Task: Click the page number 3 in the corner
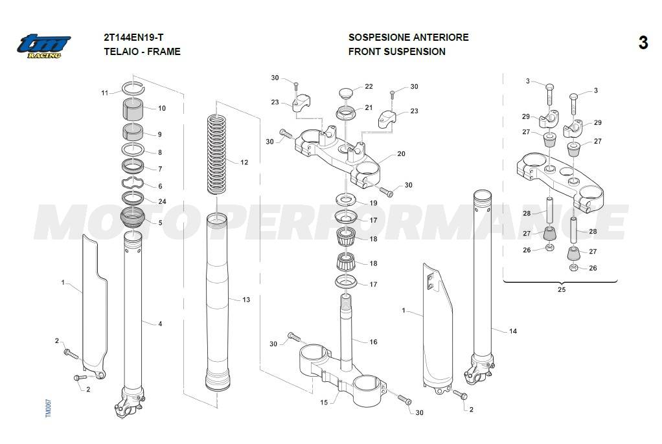[643, 43]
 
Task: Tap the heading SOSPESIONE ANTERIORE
[408, 38]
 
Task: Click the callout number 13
[246, 300]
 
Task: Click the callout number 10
[162, 108]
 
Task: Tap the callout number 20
[401, 154]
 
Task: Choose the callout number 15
[325, 402]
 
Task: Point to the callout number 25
[561, 289]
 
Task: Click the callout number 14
[513, 331]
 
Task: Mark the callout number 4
[160, 324]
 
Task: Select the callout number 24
[162, 201]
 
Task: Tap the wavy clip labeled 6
[133, 183]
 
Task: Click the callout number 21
[369, 107]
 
